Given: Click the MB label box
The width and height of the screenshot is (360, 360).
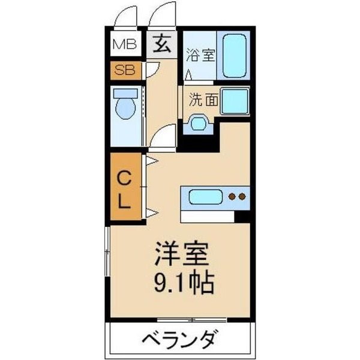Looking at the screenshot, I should click(x=126, y=44).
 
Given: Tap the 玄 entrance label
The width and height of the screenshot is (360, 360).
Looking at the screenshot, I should click(x=162, y=44).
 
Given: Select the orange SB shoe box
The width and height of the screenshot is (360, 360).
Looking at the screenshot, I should click(x=126, y=70).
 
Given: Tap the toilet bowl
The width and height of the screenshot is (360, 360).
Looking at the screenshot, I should click(x=125, y=110).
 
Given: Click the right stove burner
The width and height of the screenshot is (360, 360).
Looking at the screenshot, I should click(x=242, y=196).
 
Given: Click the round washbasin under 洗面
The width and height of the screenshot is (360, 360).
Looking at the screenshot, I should click(x=197, y=123).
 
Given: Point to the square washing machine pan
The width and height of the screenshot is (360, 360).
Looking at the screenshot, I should click(x=235, y=102).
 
